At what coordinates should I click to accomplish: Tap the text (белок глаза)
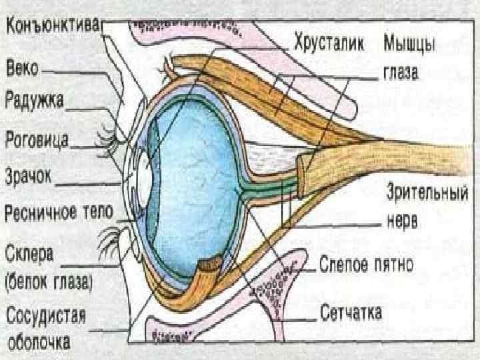(50, 281)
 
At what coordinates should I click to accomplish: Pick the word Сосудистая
(46, 315)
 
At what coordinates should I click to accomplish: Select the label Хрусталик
(329, 45)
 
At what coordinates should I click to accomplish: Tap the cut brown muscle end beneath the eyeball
(211, 265)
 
